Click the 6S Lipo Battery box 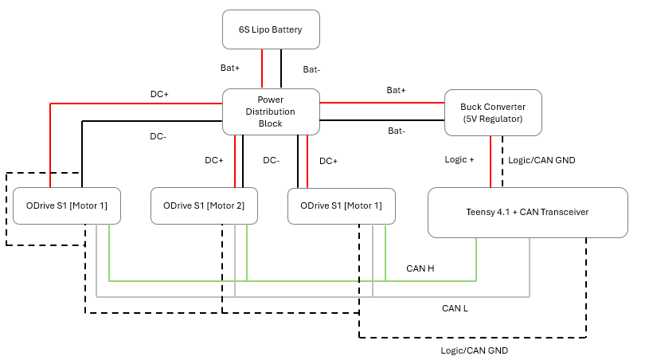[270, 29]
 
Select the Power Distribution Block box [270, 112]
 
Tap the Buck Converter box [491, 112]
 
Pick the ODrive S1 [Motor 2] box [204, 205]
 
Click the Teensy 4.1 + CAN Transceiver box [527, 212]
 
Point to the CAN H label [420, 268]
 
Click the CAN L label [455, 307]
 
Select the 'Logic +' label [459, 159]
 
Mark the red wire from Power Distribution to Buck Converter [381, 102]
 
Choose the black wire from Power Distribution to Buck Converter [381, 120]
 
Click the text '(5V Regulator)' [491, 119]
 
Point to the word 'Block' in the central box [270, 124]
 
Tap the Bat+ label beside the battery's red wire [230, 68]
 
